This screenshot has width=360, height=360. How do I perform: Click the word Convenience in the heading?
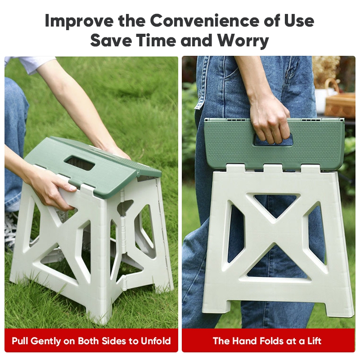205,21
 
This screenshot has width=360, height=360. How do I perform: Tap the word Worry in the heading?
243,40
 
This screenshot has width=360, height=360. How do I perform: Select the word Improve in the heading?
79,21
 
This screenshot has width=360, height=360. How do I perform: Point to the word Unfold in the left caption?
156,341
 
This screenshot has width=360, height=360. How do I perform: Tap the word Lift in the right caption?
314,341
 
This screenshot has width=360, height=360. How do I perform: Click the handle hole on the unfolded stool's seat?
80,162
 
